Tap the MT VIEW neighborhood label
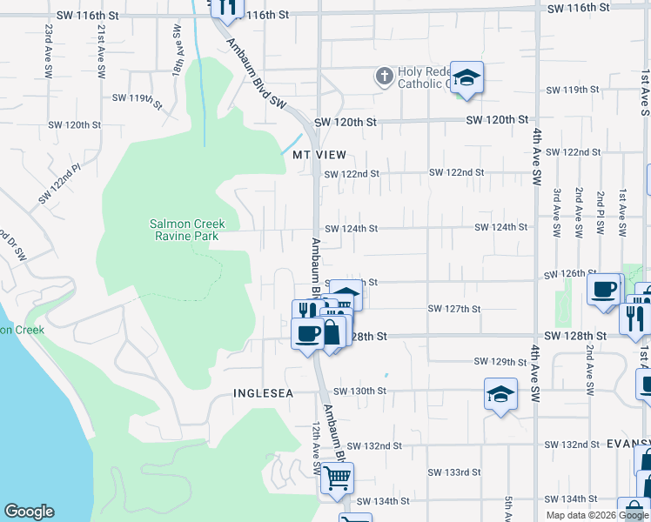(314, 154)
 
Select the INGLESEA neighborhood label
(263, 393)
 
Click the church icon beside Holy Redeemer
(383, 77)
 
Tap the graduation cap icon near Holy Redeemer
(466, 77)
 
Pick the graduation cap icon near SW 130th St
(501, 395)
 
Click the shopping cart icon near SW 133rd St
(337, 478)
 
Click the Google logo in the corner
(29, 512)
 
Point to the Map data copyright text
(597, 515)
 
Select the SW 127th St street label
(454, 309)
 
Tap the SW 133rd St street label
(454, 472)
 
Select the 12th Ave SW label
(317, 452)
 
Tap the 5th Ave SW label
(509, 509)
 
